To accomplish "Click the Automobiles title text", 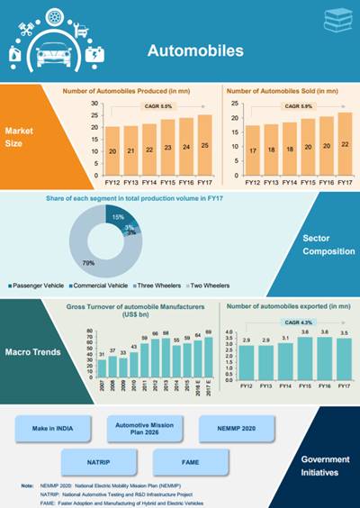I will coord(196,51).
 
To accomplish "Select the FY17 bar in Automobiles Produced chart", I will coord(205,145).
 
